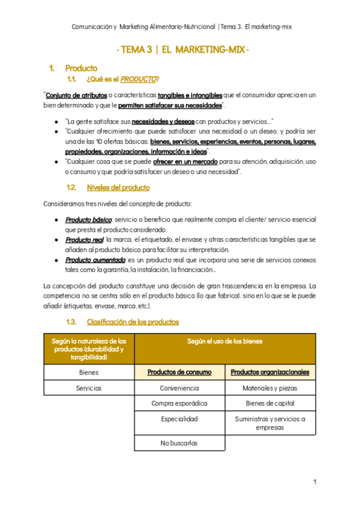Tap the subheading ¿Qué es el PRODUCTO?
click(x=123, y=79)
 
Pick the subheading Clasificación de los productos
click(x=133, y=322)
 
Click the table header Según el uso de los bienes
click(x=225, y=342)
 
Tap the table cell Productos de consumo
click(x=179, y=372)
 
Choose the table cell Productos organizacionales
click(x=270, y=372)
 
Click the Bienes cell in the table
click(x=89, y=372)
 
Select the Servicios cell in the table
click(x=89, y=388)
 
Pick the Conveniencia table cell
click(x=179, y=388)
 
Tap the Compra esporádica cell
click(x=179, y=403)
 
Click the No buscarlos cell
click(x=179, y=444)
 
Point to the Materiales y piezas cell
click(x=270, y=388)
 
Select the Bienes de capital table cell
click(x=270, y=403)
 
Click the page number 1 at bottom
click(x=315, y=482)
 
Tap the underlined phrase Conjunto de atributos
click(x=76, y=95)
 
